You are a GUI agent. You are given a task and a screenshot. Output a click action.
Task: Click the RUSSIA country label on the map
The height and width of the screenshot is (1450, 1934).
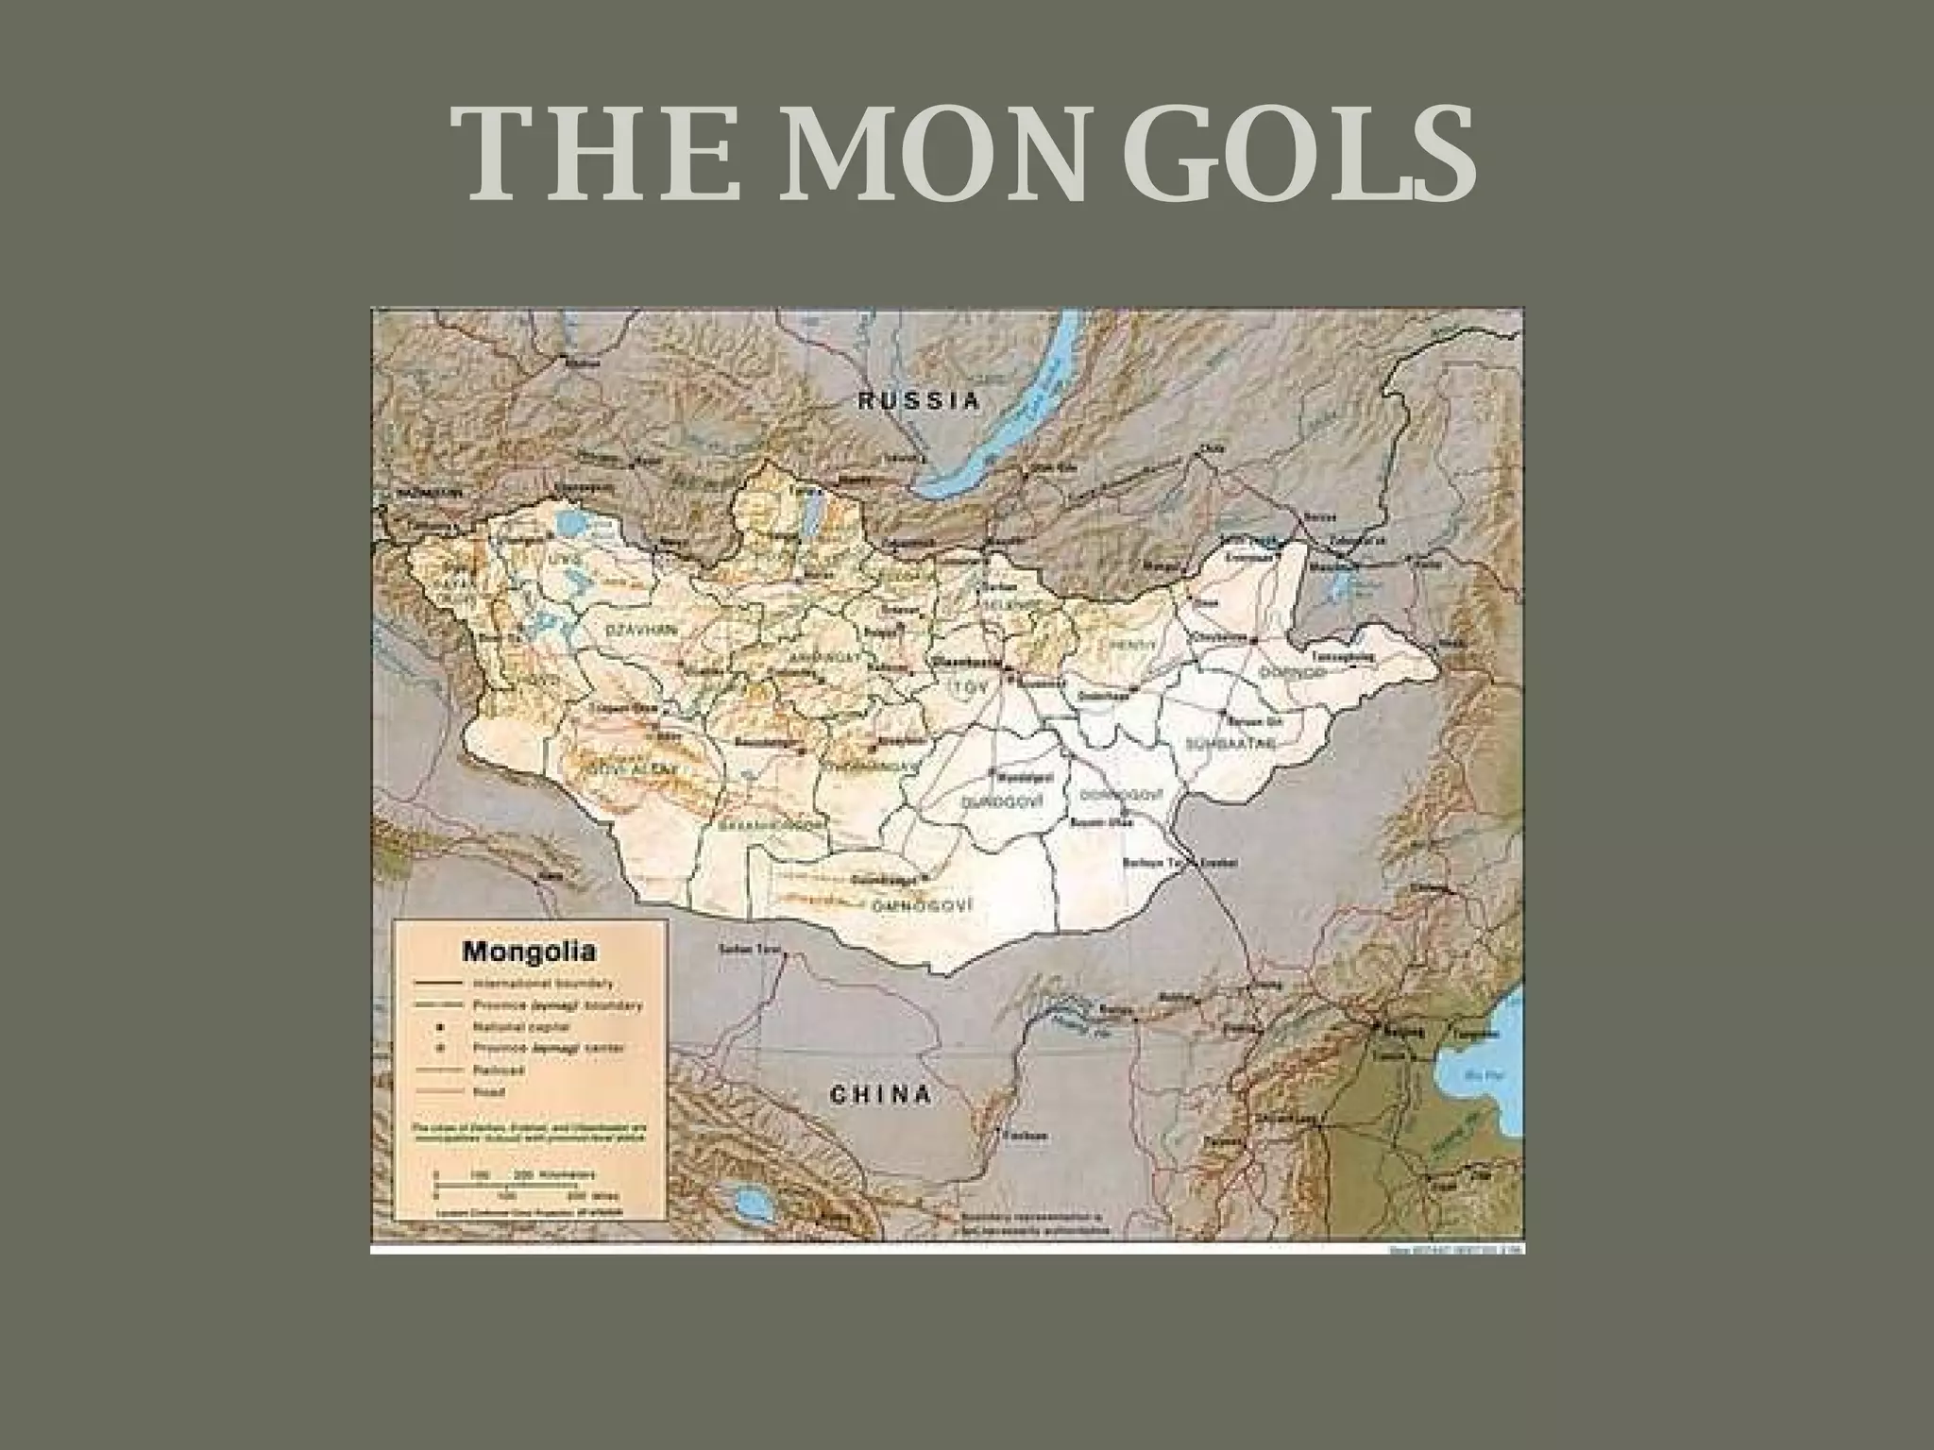coord(918,400)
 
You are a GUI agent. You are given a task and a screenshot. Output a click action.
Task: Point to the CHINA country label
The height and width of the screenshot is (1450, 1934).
coord(880,1095)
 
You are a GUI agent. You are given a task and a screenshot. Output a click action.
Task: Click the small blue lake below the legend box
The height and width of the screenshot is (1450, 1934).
coord(751,1203)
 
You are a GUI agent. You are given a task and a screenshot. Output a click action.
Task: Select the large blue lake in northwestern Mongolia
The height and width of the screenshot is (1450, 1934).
coord(569,522)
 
